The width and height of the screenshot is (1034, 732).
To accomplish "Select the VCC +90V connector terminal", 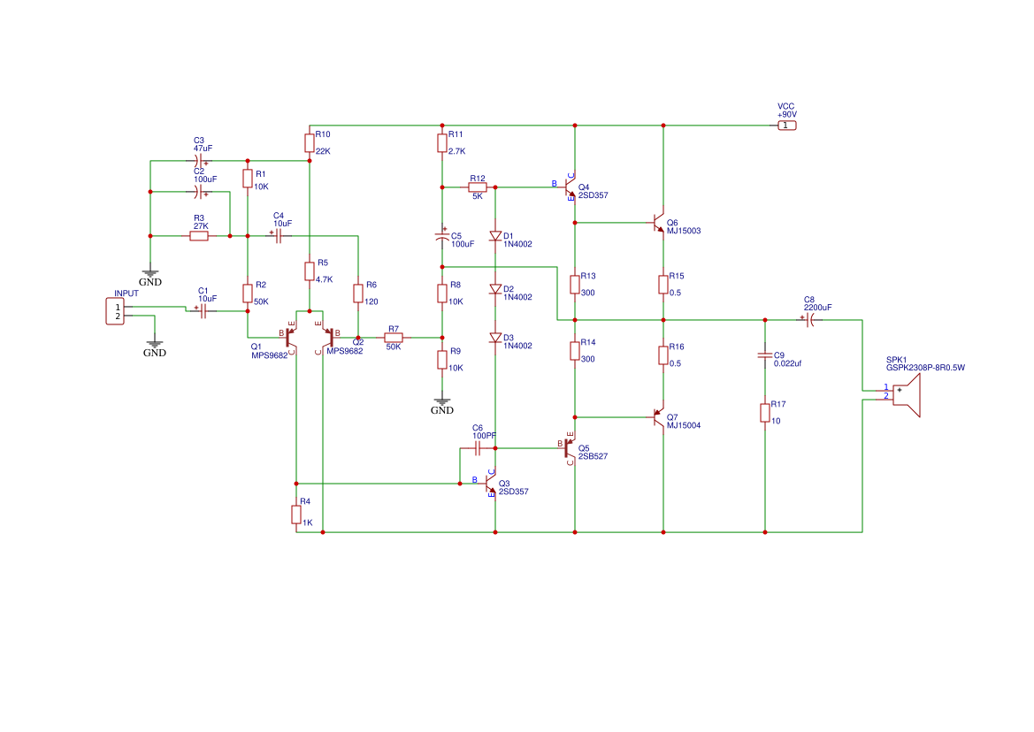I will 786,126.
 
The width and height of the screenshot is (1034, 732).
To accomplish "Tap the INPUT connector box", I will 115,311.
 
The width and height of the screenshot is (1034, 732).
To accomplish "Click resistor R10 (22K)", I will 310,142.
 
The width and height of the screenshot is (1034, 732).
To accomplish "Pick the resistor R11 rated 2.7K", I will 441,142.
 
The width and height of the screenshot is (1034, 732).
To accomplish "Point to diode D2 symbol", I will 495,289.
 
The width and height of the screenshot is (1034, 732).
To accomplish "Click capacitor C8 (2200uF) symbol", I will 810,320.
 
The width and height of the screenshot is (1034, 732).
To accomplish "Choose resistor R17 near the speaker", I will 765,413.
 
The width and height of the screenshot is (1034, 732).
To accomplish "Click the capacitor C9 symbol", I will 765,355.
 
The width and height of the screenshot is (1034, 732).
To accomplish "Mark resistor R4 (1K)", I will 296,515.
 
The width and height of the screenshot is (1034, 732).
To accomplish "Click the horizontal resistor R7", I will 394,338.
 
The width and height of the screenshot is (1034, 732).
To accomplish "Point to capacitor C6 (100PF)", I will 478,448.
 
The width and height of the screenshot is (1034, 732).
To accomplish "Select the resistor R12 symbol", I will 478,187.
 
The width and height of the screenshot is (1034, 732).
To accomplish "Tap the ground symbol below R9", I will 441,402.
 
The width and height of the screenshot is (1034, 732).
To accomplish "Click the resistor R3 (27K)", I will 199,236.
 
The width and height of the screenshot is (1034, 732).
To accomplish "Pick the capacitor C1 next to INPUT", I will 203,311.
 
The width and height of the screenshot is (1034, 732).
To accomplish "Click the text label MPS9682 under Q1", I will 269,356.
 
